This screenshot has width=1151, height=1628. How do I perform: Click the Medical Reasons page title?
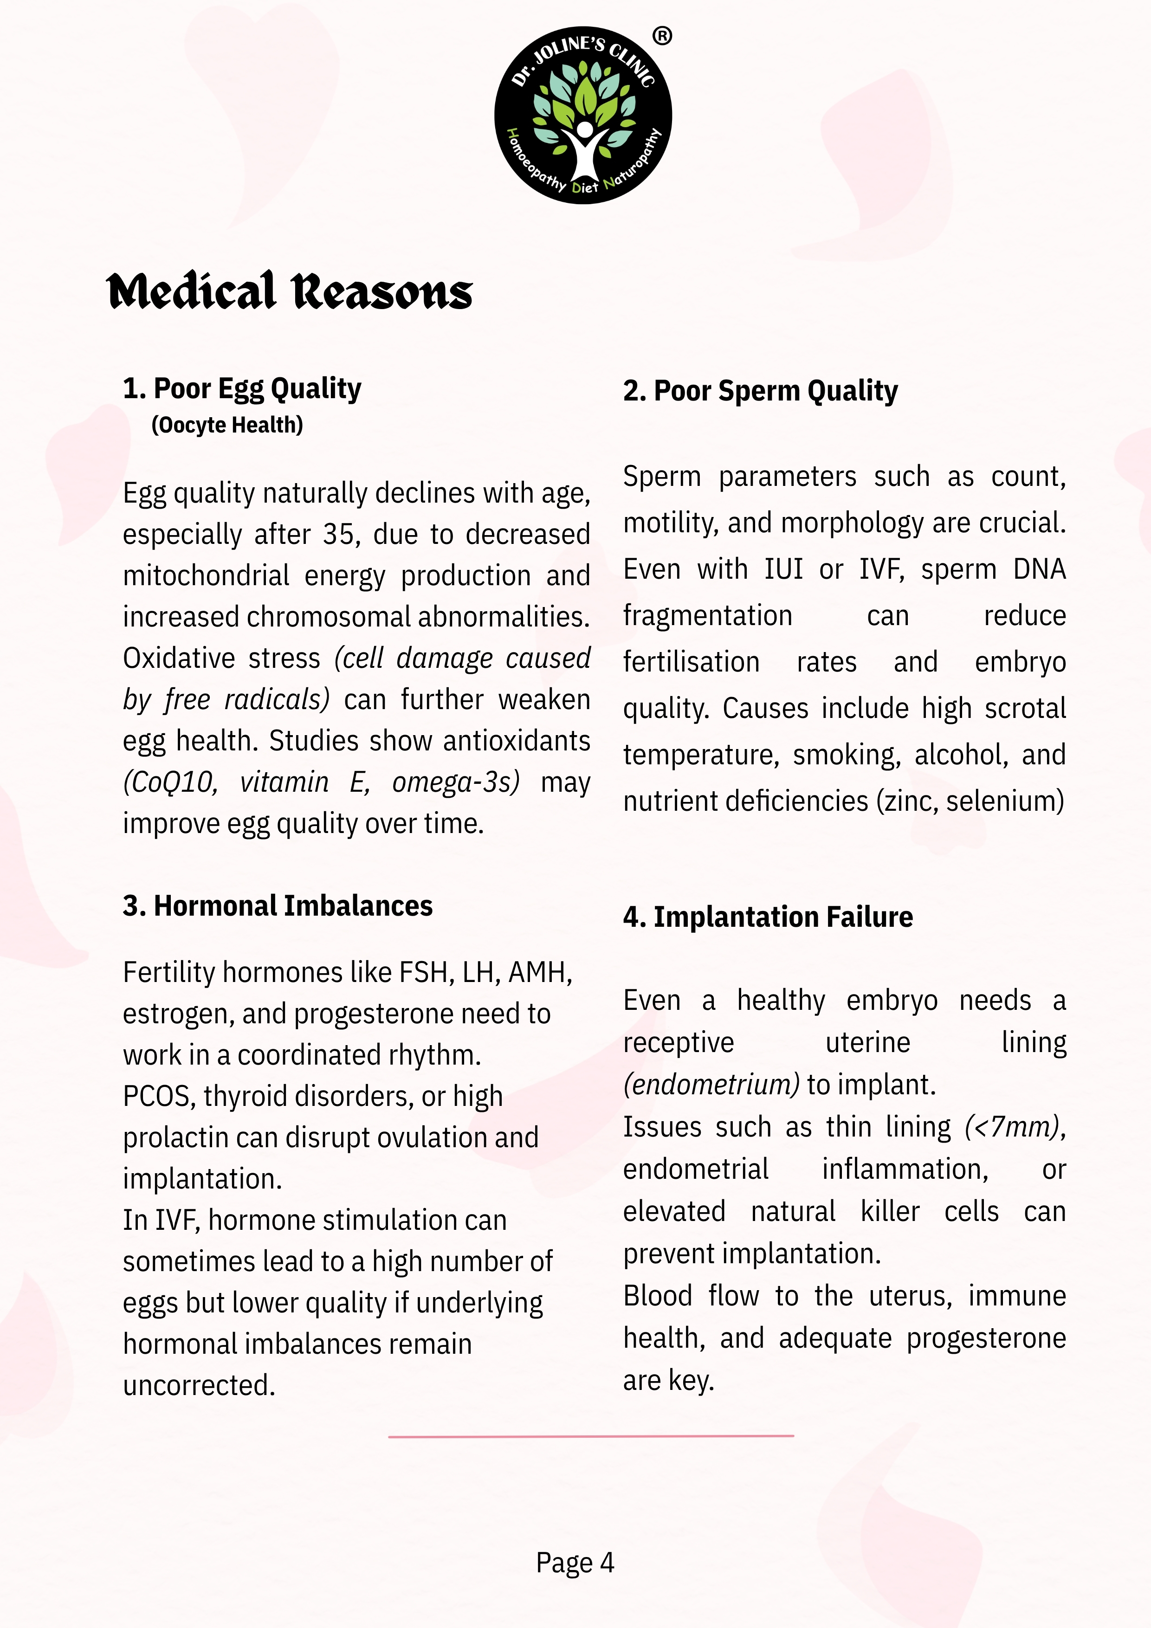pyautogui.click(x=289, y=291)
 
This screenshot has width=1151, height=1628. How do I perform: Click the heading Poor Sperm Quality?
pyautogui.click(x=760, y=391)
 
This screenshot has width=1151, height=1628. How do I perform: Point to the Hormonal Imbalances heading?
pyautogui.click(x=277, y=906)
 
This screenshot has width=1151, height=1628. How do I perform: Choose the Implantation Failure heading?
pyautogui.click(x=768, y=917)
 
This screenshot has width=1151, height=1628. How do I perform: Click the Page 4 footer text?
pyautogui.click(x=575, y=1563)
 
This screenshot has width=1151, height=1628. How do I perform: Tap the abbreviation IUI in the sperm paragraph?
pyautogui.click(x=783, y=569)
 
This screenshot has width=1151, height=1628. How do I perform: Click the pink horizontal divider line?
pyautogui.click(x=591, y=1436)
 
